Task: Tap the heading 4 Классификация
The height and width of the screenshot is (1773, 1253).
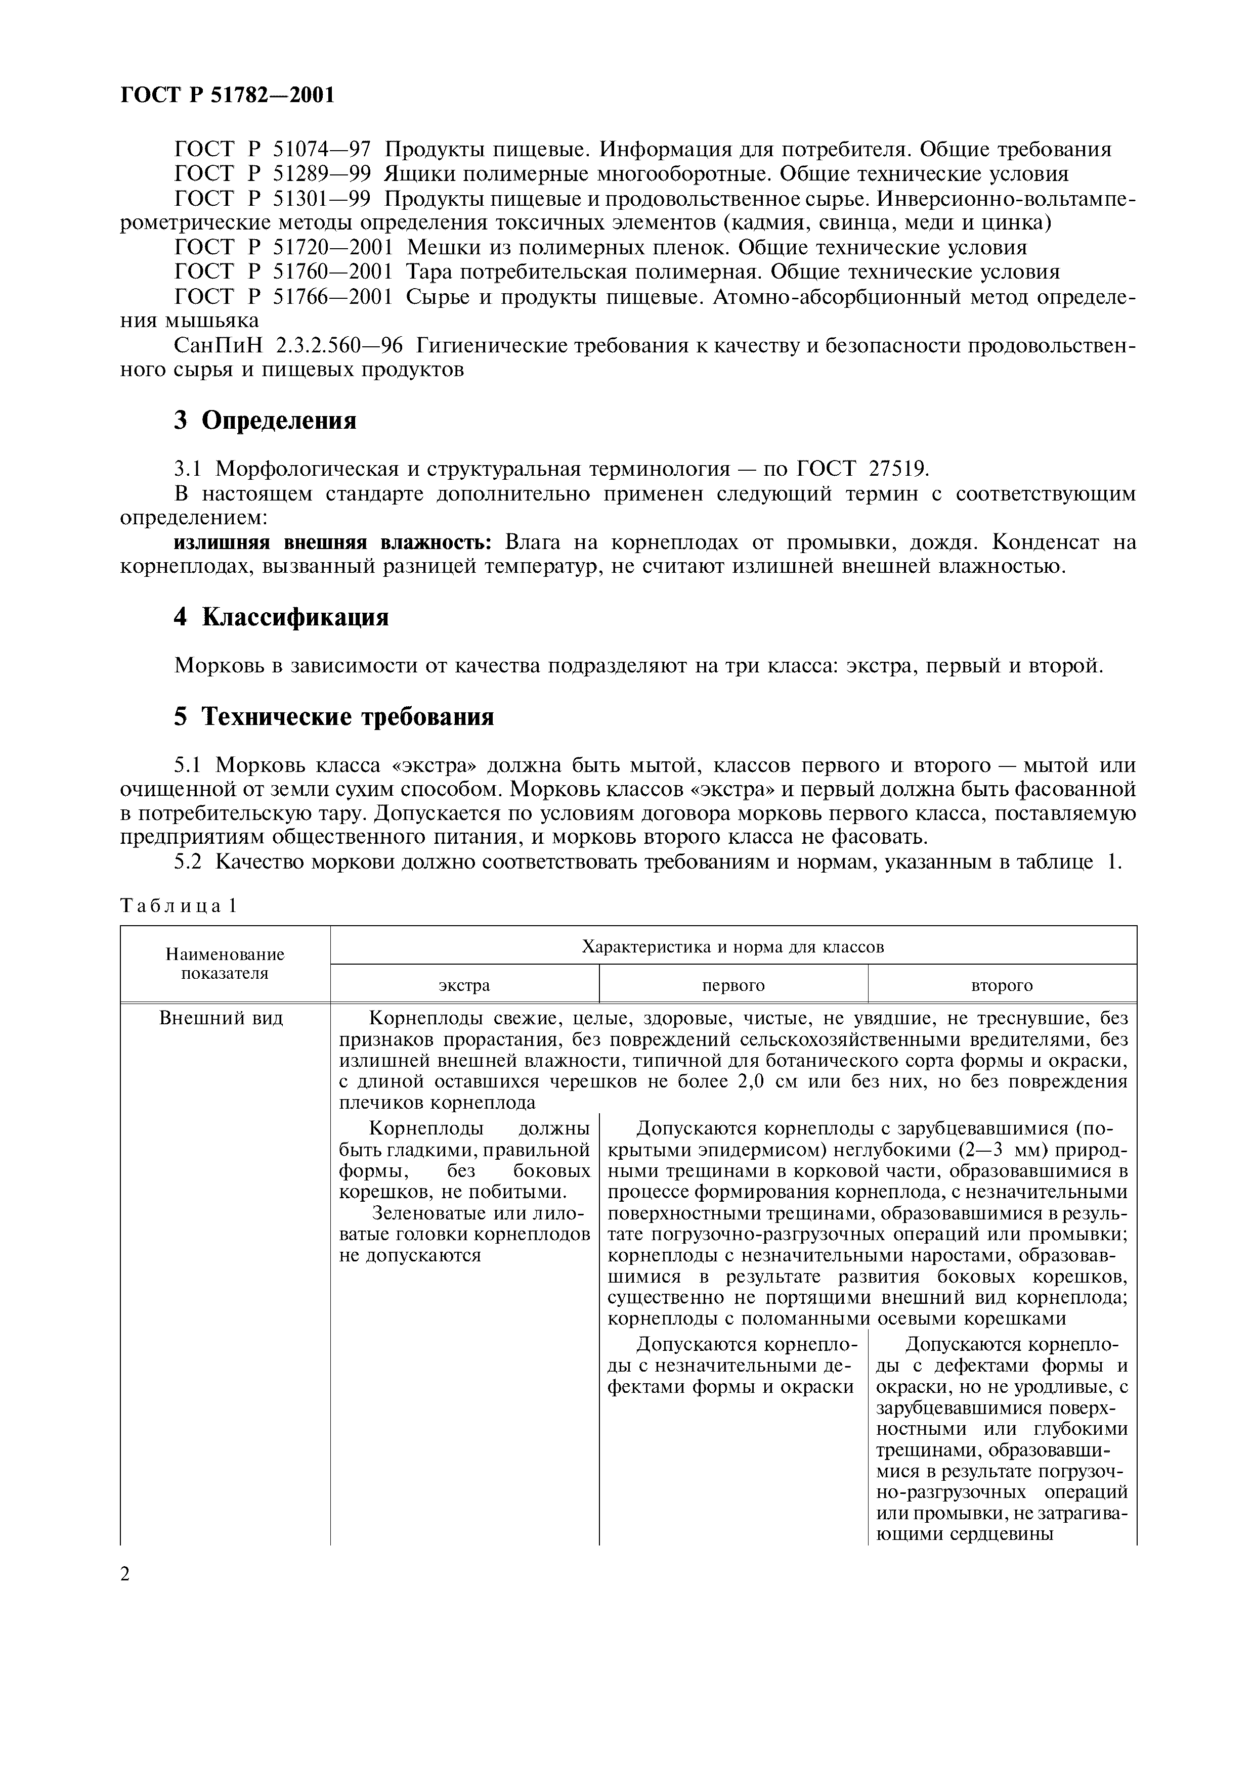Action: click(281, 618)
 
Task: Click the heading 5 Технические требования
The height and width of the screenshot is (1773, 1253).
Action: click(334, 716)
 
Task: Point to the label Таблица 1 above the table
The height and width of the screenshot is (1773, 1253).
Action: click(178, 906)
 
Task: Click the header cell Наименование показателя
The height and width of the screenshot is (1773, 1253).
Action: click(225, 964)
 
